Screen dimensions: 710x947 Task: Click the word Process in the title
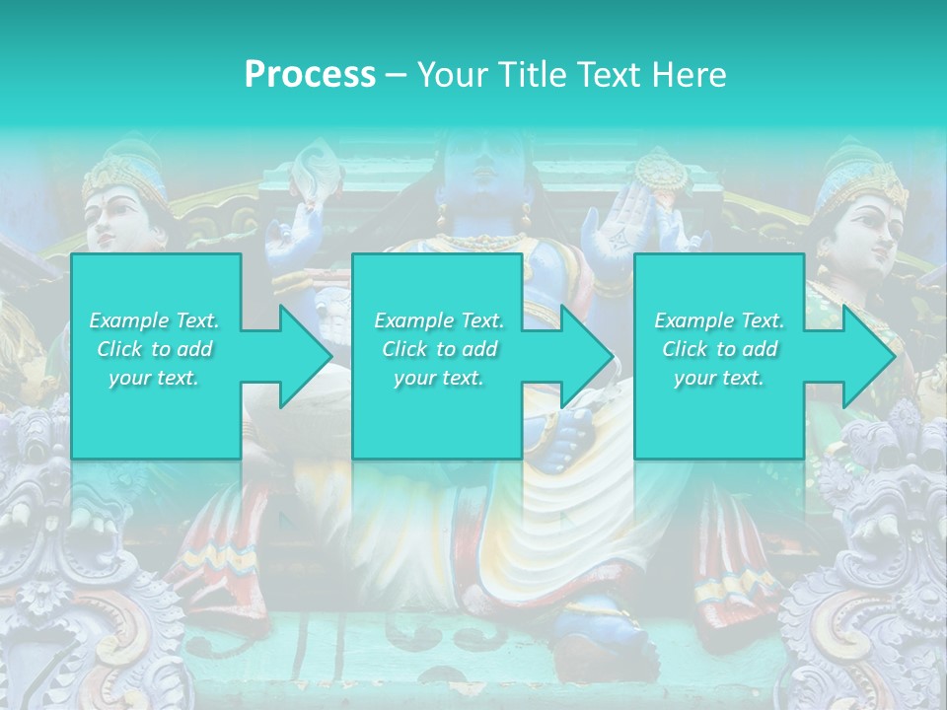coord(310,75)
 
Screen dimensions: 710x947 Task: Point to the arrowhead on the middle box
coord(585,356)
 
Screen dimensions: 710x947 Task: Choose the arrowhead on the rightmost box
coord(868,356)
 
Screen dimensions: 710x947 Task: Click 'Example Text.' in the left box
coord(154,320)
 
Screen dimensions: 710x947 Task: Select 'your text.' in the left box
coord(154,378)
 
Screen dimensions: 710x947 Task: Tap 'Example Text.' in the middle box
coord(439,320)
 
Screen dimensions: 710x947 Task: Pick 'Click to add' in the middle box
coord(439,349)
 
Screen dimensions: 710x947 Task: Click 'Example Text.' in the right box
coord(719,320)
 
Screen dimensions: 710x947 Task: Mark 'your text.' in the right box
coord(719,378)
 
